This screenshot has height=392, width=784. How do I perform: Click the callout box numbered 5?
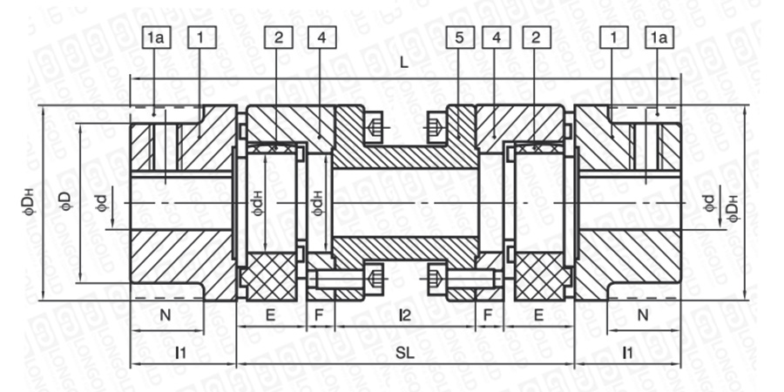[x=460, y=37]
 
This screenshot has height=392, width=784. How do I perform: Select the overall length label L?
[x=404, y=63]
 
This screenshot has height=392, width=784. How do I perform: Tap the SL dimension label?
[x=405, y=353]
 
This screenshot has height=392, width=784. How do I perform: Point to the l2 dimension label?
[x=404, y=315]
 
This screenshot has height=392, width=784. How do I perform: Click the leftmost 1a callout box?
[x=157, y=37]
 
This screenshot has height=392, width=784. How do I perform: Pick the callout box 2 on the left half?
[x=279, y=37]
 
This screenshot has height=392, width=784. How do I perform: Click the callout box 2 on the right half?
[x=537, y=37]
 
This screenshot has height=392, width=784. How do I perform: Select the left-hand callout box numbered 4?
[x=322, y=37]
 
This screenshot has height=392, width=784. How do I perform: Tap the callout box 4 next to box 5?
[x=497, y=37]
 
